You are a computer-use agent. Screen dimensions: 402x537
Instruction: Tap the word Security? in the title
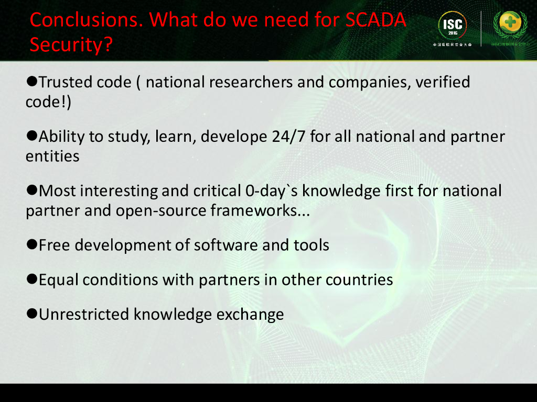pos(71,45)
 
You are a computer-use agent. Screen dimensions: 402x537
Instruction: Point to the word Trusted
pos(66,82)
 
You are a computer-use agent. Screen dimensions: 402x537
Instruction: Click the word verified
pos(443,82)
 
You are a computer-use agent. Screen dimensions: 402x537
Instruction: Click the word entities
pos(52,156)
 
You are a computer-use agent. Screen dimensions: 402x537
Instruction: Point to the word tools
pos(312,244)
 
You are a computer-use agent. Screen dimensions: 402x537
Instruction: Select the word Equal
pos(59,280)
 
